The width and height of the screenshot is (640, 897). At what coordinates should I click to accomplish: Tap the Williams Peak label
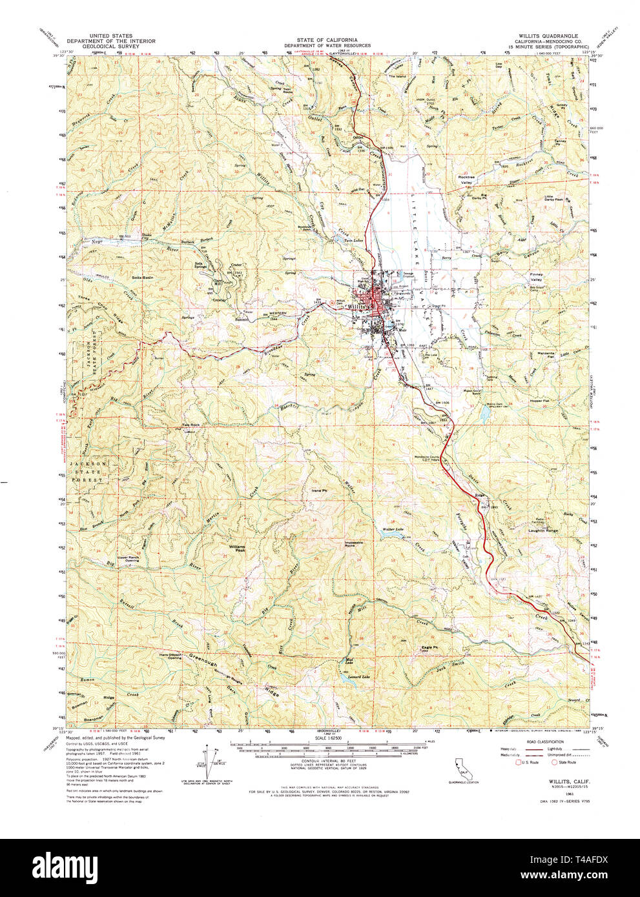tap(237, 547)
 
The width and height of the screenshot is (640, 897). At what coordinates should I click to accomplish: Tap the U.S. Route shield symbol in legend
tap(516, 762)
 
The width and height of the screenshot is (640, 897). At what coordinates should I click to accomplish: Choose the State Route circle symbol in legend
tap(553, 762)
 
